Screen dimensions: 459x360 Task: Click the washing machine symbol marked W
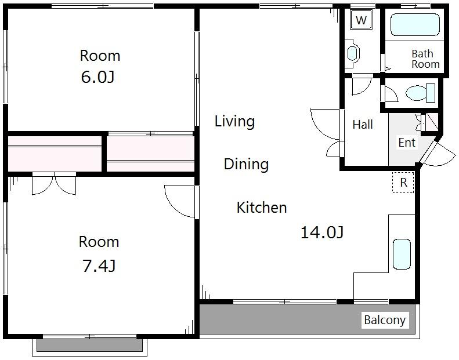(x=362, y=20)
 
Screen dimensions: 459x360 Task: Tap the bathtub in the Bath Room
(x=415, y=24)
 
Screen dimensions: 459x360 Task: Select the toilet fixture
(x=420, y=93)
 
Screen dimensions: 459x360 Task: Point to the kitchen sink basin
(x=402, y=254)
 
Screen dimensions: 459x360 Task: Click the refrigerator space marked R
(x=403, y=183)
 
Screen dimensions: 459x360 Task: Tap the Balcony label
(x=385, y=320)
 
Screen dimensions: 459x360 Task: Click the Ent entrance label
(x=407, y=143)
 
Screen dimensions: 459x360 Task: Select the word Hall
(x=363, y=125)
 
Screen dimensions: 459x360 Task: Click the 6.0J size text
(x=97, y=78)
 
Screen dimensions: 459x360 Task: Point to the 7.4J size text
(x=99, y=266)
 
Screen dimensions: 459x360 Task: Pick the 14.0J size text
(x=322, y=232)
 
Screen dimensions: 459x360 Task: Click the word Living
(x=234, y=121)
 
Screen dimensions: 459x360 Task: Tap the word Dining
(x=246, y=164)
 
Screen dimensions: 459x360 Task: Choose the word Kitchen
(x=261, y=208)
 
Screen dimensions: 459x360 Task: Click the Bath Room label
(x=425, y=59)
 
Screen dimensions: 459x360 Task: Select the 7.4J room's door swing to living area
(x=179, y=201)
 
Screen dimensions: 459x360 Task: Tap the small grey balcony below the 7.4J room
(x=89, y=345)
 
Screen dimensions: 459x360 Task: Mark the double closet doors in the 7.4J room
(x=54, y=184)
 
